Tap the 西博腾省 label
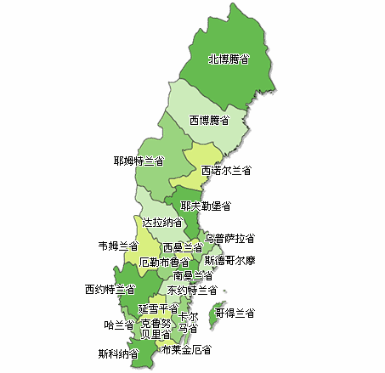pyautogui.click(x=208, y=120)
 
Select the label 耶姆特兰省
pyautogui.click(x=139, y=160)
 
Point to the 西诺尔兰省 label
pyautogui.click(x=226, y=171)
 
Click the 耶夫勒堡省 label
pyautogui.click(x=206, y=206)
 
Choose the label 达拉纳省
pyautogui.click(x=162, y=222)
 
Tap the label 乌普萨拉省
pyautogui.click(x=229, y=239)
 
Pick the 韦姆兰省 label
pyautogui.click(x=118, y=246)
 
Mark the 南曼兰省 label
pyautogui.click(x=193, y=275)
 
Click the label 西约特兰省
pyautogui.click(x=110, y=290)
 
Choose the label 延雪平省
pyautogui.click(x=158, y=308)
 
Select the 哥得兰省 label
pyautogui.click(x=235, y=314)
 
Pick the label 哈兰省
pyautogui.click(x=119, y=325)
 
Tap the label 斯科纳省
pyautogui.click(x=118, y=353)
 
